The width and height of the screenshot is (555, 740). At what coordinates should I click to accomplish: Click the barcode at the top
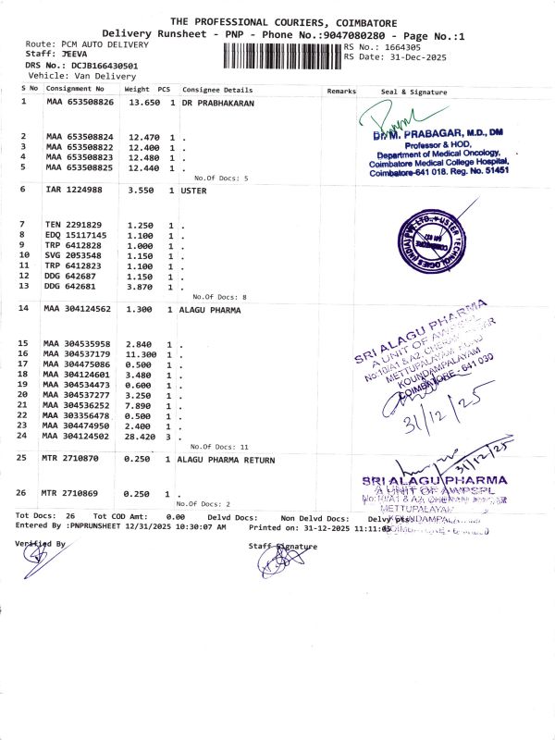(x=282, y=55)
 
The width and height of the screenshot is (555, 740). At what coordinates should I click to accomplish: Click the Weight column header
(x=137, y=89)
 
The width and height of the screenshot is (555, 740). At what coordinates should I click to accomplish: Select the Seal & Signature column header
(x=413, y=92)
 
